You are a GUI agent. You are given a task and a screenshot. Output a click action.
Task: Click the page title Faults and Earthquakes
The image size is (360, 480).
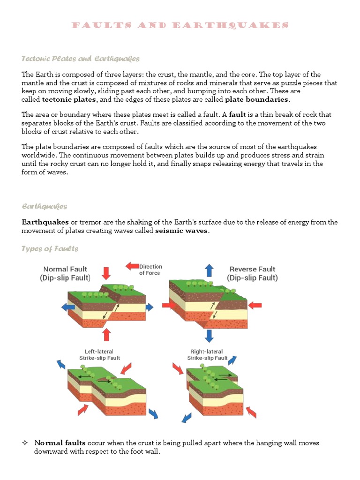[x=180, y=25]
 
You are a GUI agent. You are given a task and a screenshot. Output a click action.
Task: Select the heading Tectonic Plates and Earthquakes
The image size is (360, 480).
[x=81, y=59]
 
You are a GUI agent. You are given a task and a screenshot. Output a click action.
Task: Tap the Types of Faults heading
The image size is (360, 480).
[x=50, y=248]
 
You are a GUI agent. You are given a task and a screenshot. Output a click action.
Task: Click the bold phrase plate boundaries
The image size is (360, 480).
[x=257, y=99]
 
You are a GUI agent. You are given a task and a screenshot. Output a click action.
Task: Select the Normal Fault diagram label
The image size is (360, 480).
[x=66, y=273]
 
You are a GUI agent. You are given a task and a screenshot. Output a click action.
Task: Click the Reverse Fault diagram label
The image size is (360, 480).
[x=253, y=273]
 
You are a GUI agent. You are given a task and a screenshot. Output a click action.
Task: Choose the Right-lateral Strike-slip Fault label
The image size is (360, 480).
[x=207, y=354]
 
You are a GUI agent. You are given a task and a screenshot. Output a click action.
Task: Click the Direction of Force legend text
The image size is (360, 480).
[x=150, y=270]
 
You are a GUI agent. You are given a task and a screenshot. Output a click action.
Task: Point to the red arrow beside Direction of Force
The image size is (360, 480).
[x=132, y=266]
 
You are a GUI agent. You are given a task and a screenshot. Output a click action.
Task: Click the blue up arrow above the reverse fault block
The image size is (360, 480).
[x=209, y=270]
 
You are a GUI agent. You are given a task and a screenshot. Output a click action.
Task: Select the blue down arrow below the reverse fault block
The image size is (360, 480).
[x=209, y=335]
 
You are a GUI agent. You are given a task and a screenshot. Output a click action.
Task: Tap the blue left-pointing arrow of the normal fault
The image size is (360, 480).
[x=68, y=307]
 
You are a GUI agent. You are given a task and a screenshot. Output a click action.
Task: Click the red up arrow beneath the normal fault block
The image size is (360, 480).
[x=106, y=335]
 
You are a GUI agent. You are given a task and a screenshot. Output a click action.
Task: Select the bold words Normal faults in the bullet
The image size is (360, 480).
[x=60, y=443]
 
